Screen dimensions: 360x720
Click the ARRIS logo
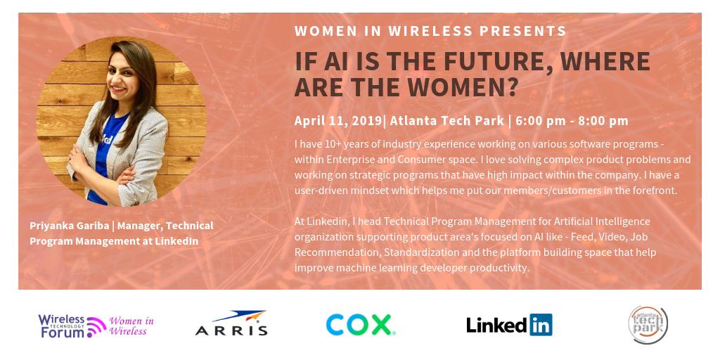pyautogui.click(x=231, y=324)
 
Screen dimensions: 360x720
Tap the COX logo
pyautogui.click(x=360, y=324)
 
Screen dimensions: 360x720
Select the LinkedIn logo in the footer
pyautogui.click(x=508, y=325)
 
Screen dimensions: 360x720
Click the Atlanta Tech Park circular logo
pyautogui.click(x=648, y=324)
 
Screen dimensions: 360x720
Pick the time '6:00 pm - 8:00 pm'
pyautogui.click(x=572, y=120)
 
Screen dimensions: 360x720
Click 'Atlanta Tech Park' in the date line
pyautogui.click(x=446, y=120)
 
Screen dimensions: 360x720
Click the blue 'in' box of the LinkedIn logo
pyautogui.click(x=541, y=325)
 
